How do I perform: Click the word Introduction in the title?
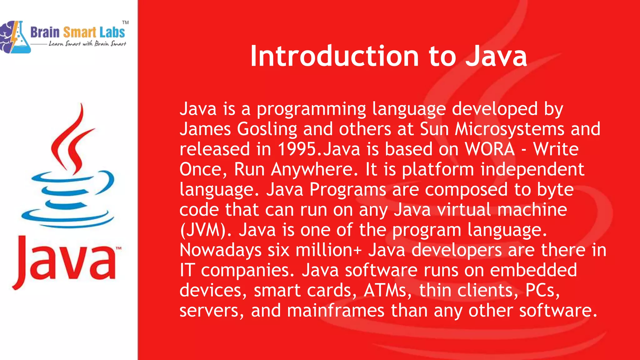334,56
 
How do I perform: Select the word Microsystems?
509,129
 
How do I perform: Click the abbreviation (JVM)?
206,230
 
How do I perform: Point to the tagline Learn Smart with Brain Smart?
87,44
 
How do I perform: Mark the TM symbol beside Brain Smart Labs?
125,22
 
